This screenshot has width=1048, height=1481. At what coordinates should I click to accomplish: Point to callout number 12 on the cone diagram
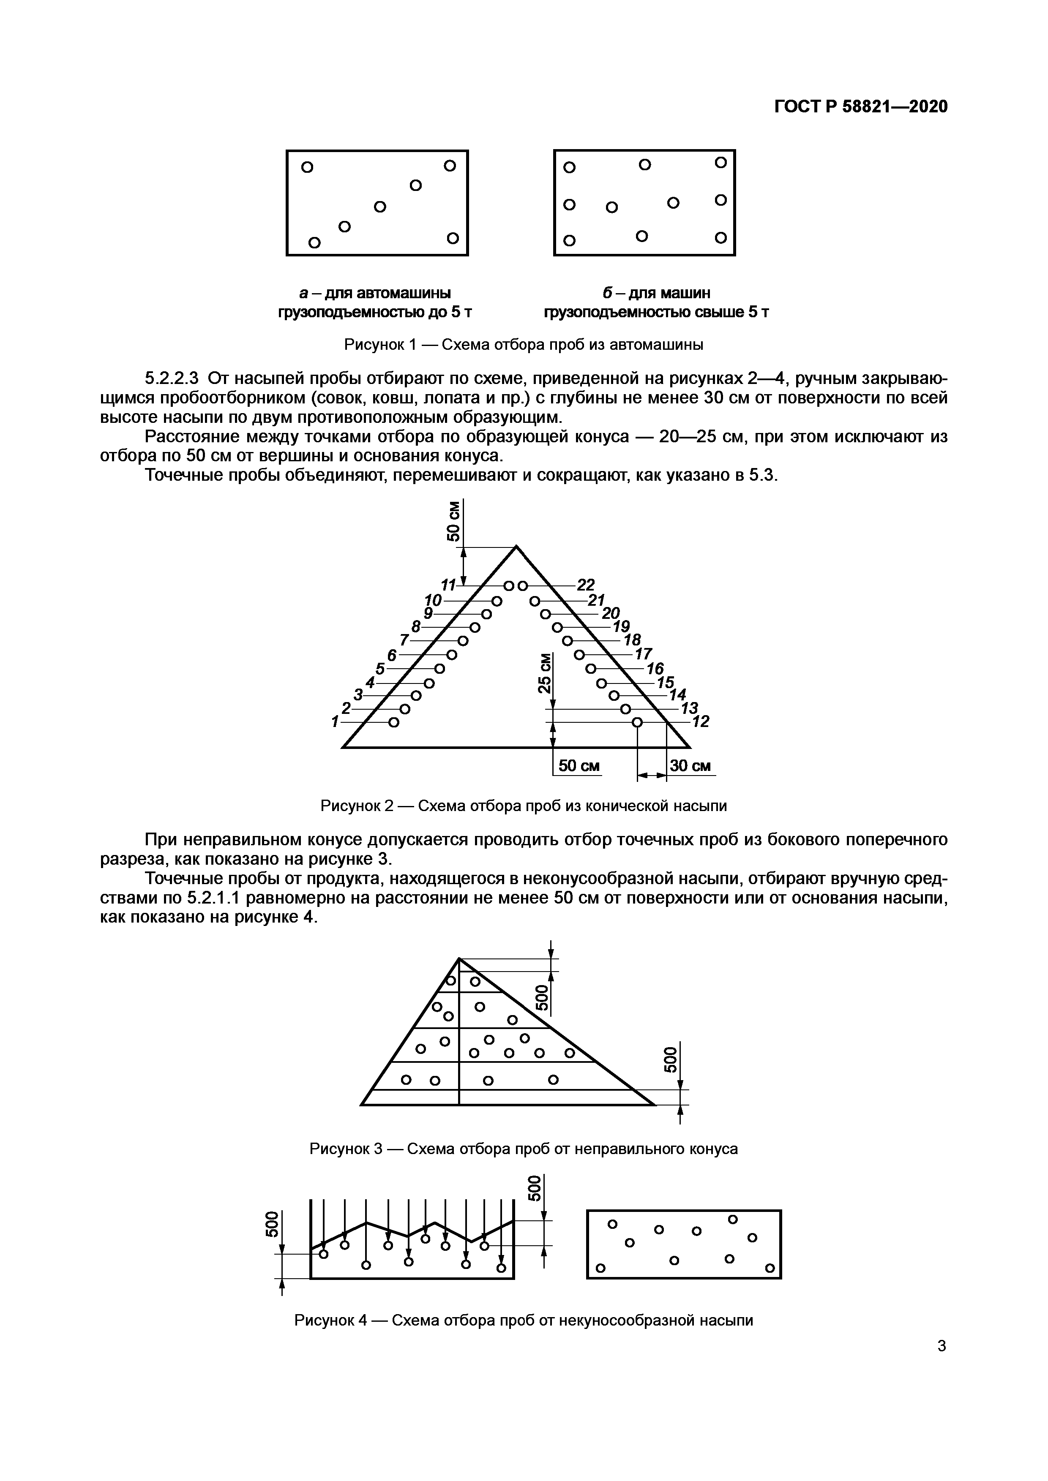point(701,722)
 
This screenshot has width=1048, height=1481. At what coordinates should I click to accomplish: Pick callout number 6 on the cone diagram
point(391,654)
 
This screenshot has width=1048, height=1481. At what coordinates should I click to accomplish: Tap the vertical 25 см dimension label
point(545,673)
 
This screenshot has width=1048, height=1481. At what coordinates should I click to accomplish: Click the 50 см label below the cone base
point(578,766)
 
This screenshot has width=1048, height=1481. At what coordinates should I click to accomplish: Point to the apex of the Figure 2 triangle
point(516,547)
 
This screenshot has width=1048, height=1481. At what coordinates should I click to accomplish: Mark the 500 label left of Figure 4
point(272,1224)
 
